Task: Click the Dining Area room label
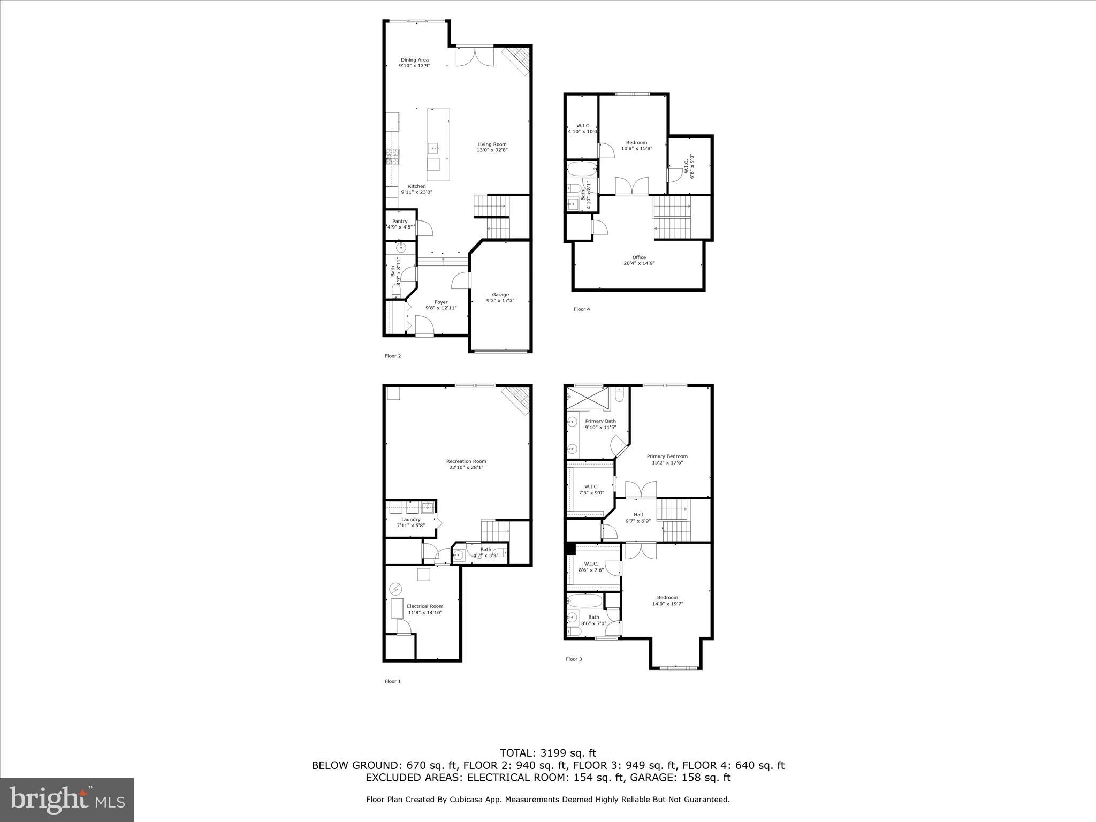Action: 415,63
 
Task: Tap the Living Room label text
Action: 492,147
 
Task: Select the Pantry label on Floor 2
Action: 400,224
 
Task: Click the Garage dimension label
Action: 500,300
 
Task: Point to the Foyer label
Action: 441,305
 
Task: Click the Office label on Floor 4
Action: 639,260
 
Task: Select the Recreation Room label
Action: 466,464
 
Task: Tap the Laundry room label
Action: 410,522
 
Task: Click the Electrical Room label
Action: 425,609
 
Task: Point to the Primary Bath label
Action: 600,424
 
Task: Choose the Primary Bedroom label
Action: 667,459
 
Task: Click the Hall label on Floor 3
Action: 638,517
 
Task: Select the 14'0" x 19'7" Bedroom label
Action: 667,600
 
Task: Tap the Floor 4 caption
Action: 582,309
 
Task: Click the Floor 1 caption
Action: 392,681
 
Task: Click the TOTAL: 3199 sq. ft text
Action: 547,753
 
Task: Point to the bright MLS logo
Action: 67,800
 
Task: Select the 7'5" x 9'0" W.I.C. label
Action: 591,489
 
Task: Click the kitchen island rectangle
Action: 438,144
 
